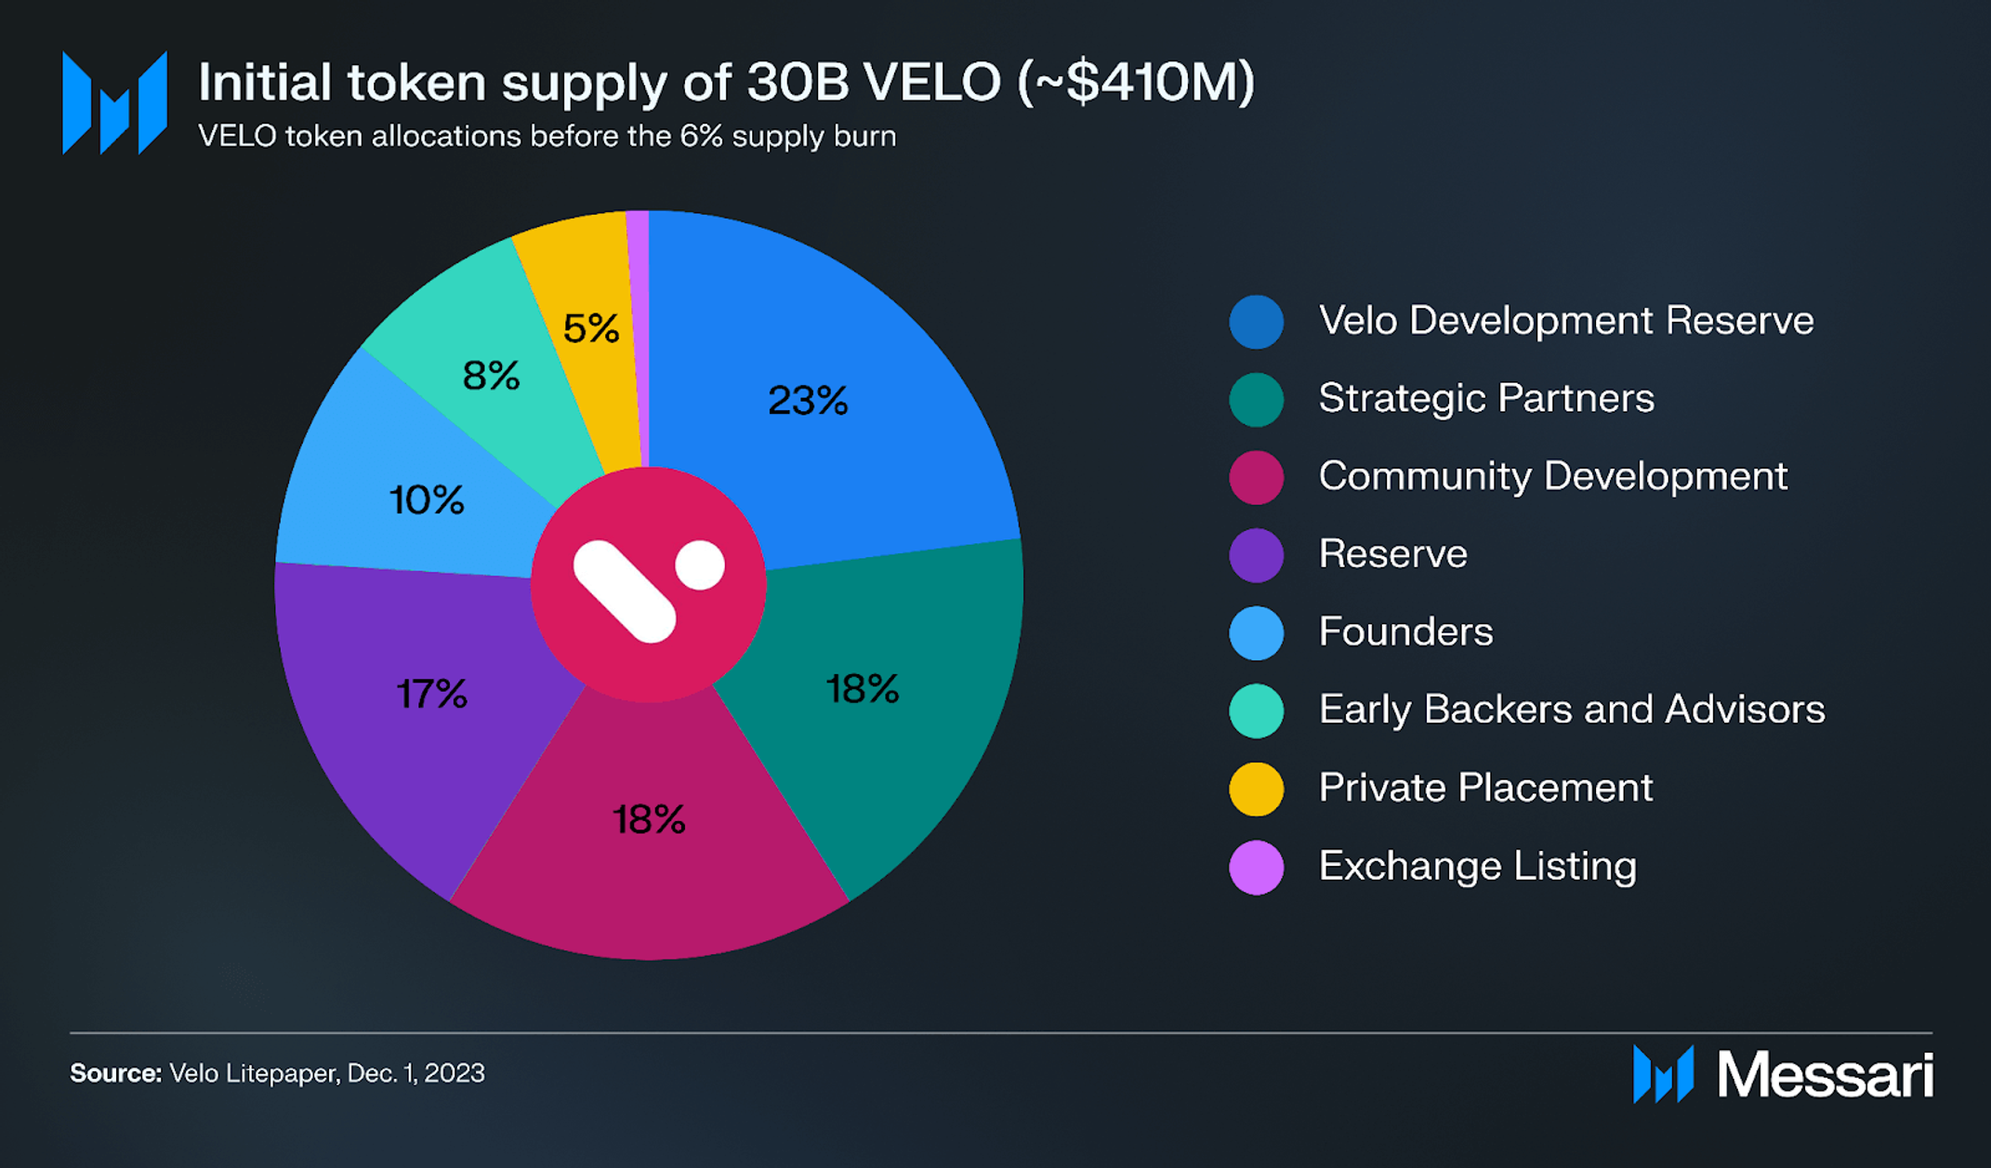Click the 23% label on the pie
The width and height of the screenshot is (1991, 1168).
click(808, 401)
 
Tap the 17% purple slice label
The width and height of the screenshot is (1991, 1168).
click(431, 694)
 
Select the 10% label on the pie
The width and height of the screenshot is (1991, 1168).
click(426, 500)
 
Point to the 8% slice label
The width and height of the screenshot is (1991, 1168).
click(491, 376)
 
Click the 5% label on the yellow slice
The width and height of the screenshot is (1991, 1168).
click(590, 328)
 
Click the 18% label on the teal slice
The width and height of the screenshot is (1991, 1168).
click(862, 689)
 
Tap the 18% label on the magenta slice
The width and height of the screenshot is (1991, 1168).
click(649, 819)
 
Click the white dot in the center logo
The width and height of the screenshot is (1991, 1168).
click(700, 564)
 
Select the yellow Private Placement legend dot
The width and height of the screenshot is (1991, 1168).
click(1256, 789)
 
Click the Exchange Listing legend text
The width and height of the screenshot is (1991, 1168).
click(1477, 866)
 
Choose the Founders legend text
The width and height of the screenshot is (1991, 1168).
click(1405, 632)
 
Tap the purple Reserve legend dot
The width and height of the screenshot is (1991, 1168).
click(1256, 555)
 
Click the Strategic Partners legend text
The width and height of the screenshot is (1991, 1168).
click(1485, 398)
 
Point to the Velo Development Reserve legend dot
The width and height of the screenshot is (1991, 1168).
click(1256, 322)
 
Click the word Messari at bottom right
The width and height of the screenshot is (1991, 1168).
click(1825, 1075)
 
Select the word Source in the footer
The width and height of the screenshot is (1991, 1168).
click(115, 1073)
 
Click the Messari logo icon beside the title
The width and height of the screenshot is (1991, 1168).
click(114, 102)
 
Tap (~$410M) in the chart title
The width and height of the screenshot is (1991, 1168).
click(1136, 82)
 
